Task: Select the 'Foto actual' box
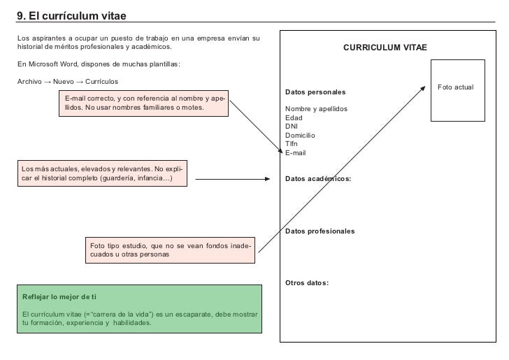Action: pos(455,87)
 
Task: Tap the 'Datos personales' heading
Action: pos(315,92)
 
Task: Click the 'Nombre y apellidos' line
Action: pos(316,109)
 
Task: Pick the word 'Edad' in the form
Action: pos(294,118)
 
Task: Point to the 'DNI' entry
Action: pos(292,127)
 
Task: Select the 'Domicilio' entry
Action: pos(301,136)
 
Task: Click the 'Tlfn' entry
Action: pos(292,144)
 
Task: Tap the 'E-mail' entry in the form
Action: pos(296,153)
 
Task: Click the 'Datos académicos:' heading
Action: pos(318,179)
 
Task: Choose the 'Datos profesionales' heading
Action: pos(320,231)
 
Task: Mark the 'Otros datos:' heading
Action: pos(307,283)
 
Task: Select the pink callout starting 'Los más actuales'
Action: pos(102,174)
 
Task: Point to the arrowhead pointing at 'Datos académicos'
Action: pos(266,179)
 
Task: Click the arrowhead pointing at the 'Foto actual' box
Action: pos(423,87)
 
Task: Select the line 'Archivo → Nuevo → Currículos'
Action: pos(67,82)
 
